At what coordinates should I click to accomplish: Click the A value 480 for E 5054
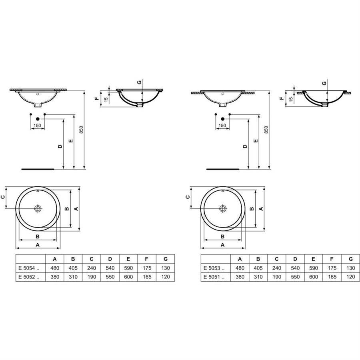(55, 268)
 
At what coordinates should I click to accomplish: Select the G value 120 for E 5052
(166, 277)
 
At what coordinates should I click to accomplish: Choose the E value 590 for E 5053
(313, 268)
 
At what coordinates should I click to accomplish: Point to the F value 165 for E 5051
(332, 277)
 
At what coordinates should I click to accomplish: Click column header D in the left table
(110, 259)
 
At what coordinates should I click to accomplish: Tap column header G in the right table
(350, 259)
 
